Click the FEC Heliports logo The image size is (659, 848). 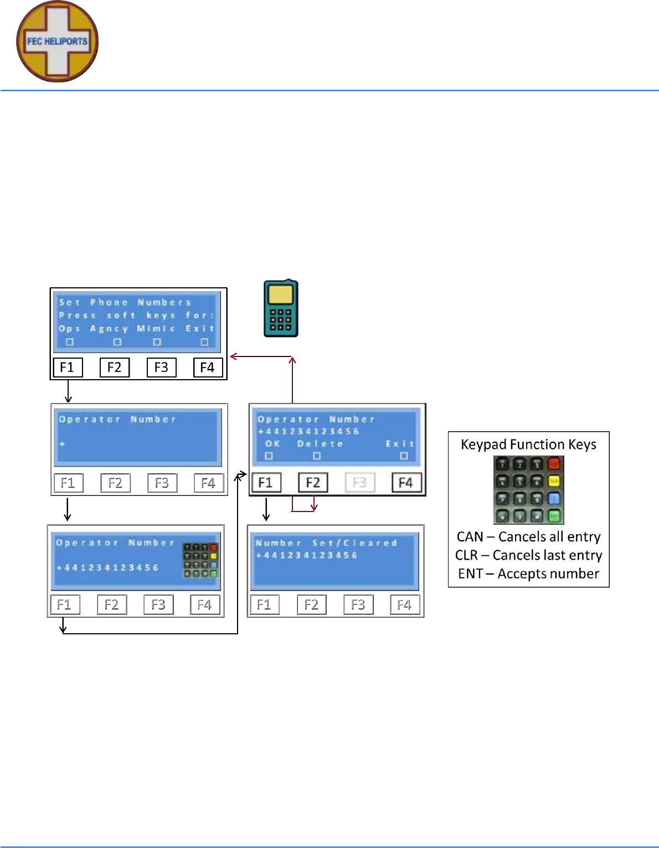pyautogui.click(x=57, y=42)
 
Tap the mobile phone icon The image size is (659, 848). pyautogui.click(x=281, y=309)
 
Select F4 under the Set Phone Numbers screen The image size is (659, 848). pyautogui.click(x=207, y=368)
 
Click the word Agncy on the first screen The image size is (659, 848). pyautogui.click(x=109, y=329)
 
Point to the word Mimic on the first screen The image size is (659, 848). pyautogui.click(x=156, y=329)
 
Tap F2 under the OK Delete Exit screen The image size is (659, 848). pyautogui.click(x=313, y=483)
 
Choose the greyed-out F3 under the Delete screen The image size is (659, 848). pyautogui.click(x=359, y=483)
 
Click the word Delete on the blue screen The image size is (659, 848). pyautogui.click(x=320, y=444)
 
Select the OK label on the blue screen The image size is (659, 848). pyautogui.click(x=272, y=444)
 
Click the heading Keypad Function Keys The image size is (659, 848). pyautogui.click(x=528, y=444)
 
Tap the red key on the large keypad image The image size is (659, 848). pyautogui.click(x=554, y=464)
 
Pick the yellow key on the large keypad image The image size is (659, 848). pyautogui.click(x=554, y=481)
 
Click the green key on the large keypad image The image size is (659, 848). pyautogui.click(x=554, y=516)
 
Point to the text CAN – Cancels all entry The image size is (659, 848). pyautogui.click(x=528, y=537)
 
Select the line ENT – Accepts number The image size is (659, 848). pyautogui.click(x=528, y=574)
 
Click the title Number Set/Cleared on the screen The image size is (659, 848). pyautogui.click(x=326, y=543)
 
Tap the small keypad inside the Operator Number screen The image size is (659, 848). pyautogui.click(x=200, y=560)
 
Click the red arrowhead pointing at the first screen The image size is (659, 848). pyautogui.click(x=234, y=356)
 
